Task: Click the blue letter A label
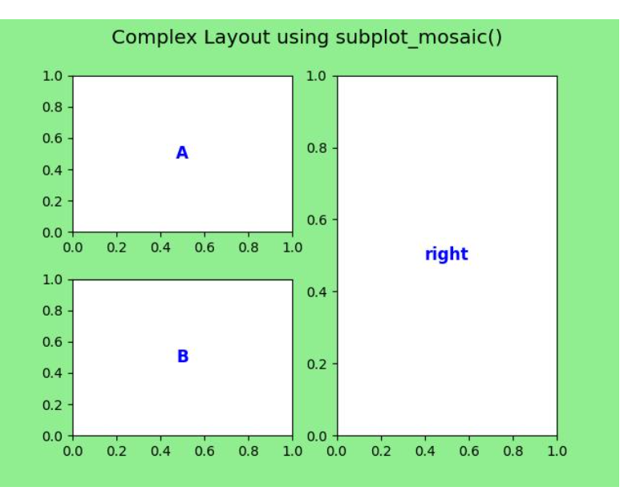click(x=182, y=153)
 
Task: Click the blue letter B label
click(x=183, y=356)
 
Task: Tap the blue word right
click(x=447, y=254)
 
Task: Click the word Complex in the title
click(x=154, y=38)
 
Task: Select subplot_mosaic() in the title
click(x=419, y=38)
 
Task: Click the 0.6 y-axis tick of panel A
click(x=52, y=139)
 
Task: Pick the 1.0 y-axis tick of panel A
click(x=52, y=76)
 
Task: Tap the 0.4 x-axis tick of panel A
click(x=160, y=247)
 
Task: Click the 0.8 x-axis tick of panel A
click(x=249, y=247)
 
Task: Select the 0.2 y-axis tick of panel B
click(x=52, y=404)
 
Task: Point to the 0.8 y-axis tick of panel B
click(x=52, y=311)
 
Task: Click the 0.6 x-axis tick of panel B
click(x=205, y=452)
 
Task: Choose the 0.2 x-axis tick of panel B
click(x=116, y=452)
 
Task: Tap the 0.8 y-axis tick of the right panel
click(x=317, y=148)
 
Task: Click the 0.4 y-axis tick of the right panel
click(x=317, y=292)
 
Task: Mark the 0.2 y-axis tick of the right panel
click(x=317, y=364)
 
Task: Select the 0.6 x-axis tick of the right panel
click(x=469, y=452)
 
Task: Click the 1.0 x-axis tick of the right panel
click(x=557, y=452)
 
